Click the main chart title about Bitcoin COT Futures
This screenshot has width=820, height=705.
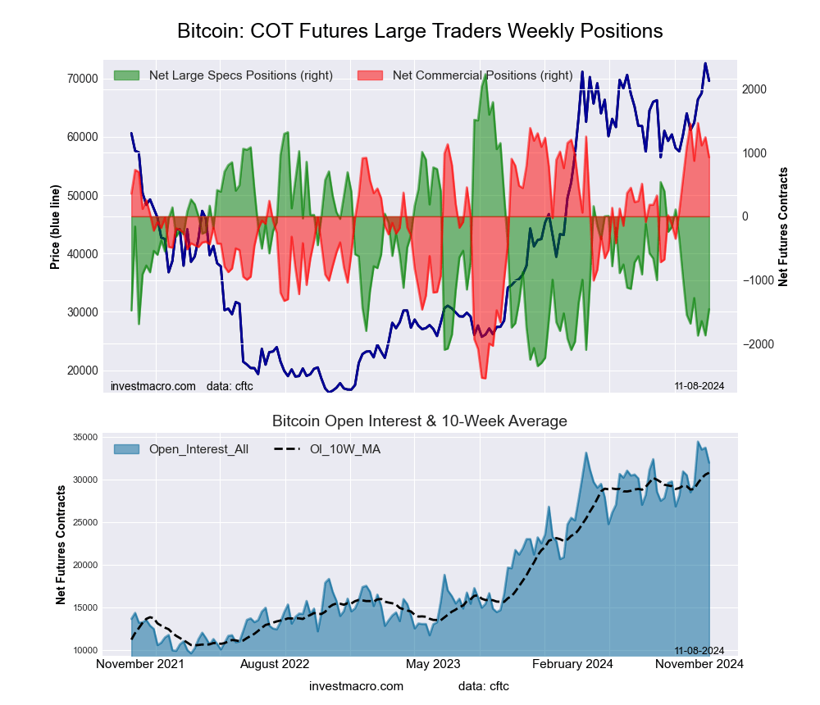coord(420,31)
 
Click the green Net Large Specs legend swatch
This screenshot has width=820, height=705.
coord(127,75)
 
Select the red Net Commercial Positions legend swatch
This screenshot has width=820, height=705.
coord(371,75)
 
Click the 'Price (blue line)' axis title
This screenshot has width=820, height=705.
coord(56,226)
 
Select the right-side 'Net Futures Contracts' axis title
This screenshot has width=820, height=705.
coord(783,226)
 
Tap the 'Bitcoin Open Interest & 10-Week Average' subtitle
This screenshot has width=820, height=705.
coord(420,421)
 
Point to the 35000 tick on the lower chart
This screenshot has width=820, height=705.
coord(84,437)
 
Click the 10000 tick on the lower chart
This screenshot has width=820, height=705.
coord(84,650)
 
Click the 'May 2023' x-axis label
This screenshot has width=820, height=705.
coord(431,664)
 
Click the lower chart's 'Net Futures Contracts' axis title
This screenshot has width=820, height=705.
coord(61,544)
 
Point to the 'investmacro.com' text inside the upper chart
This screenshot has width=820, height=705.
coord(153,386)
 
